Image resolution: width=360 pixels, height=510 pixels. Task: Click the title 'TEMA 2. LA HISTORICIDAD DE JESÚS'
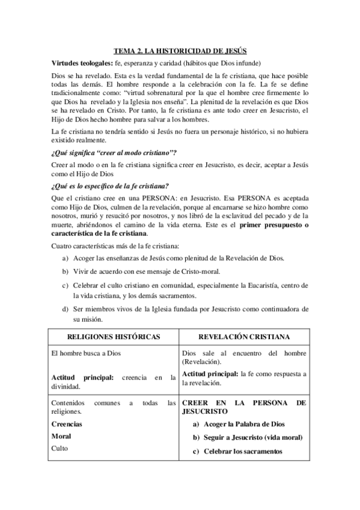tap(180, 52)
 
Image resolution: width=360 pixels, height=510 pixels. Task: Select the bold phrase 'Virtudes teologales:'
tap(79, 64)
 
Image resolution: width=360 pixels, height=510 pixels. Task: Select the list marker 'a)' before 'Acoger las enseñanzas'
tap(65, 258)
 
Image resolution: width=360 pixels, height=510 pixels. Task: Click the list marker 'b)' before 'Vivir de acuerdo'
tap(65, 271)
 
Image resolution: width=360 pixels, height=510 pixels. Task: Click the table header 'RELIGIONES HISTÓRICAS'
tap(113, 337)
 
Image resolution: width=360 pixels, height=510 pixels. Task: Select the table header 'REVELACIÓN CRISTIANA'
tap(245, 337)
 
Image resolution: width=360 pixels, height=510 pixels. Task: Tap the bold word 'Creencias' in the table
tap(67, 423)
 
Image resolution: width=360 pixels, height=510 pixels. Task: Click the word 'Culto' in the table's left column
tap(60, 448)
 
